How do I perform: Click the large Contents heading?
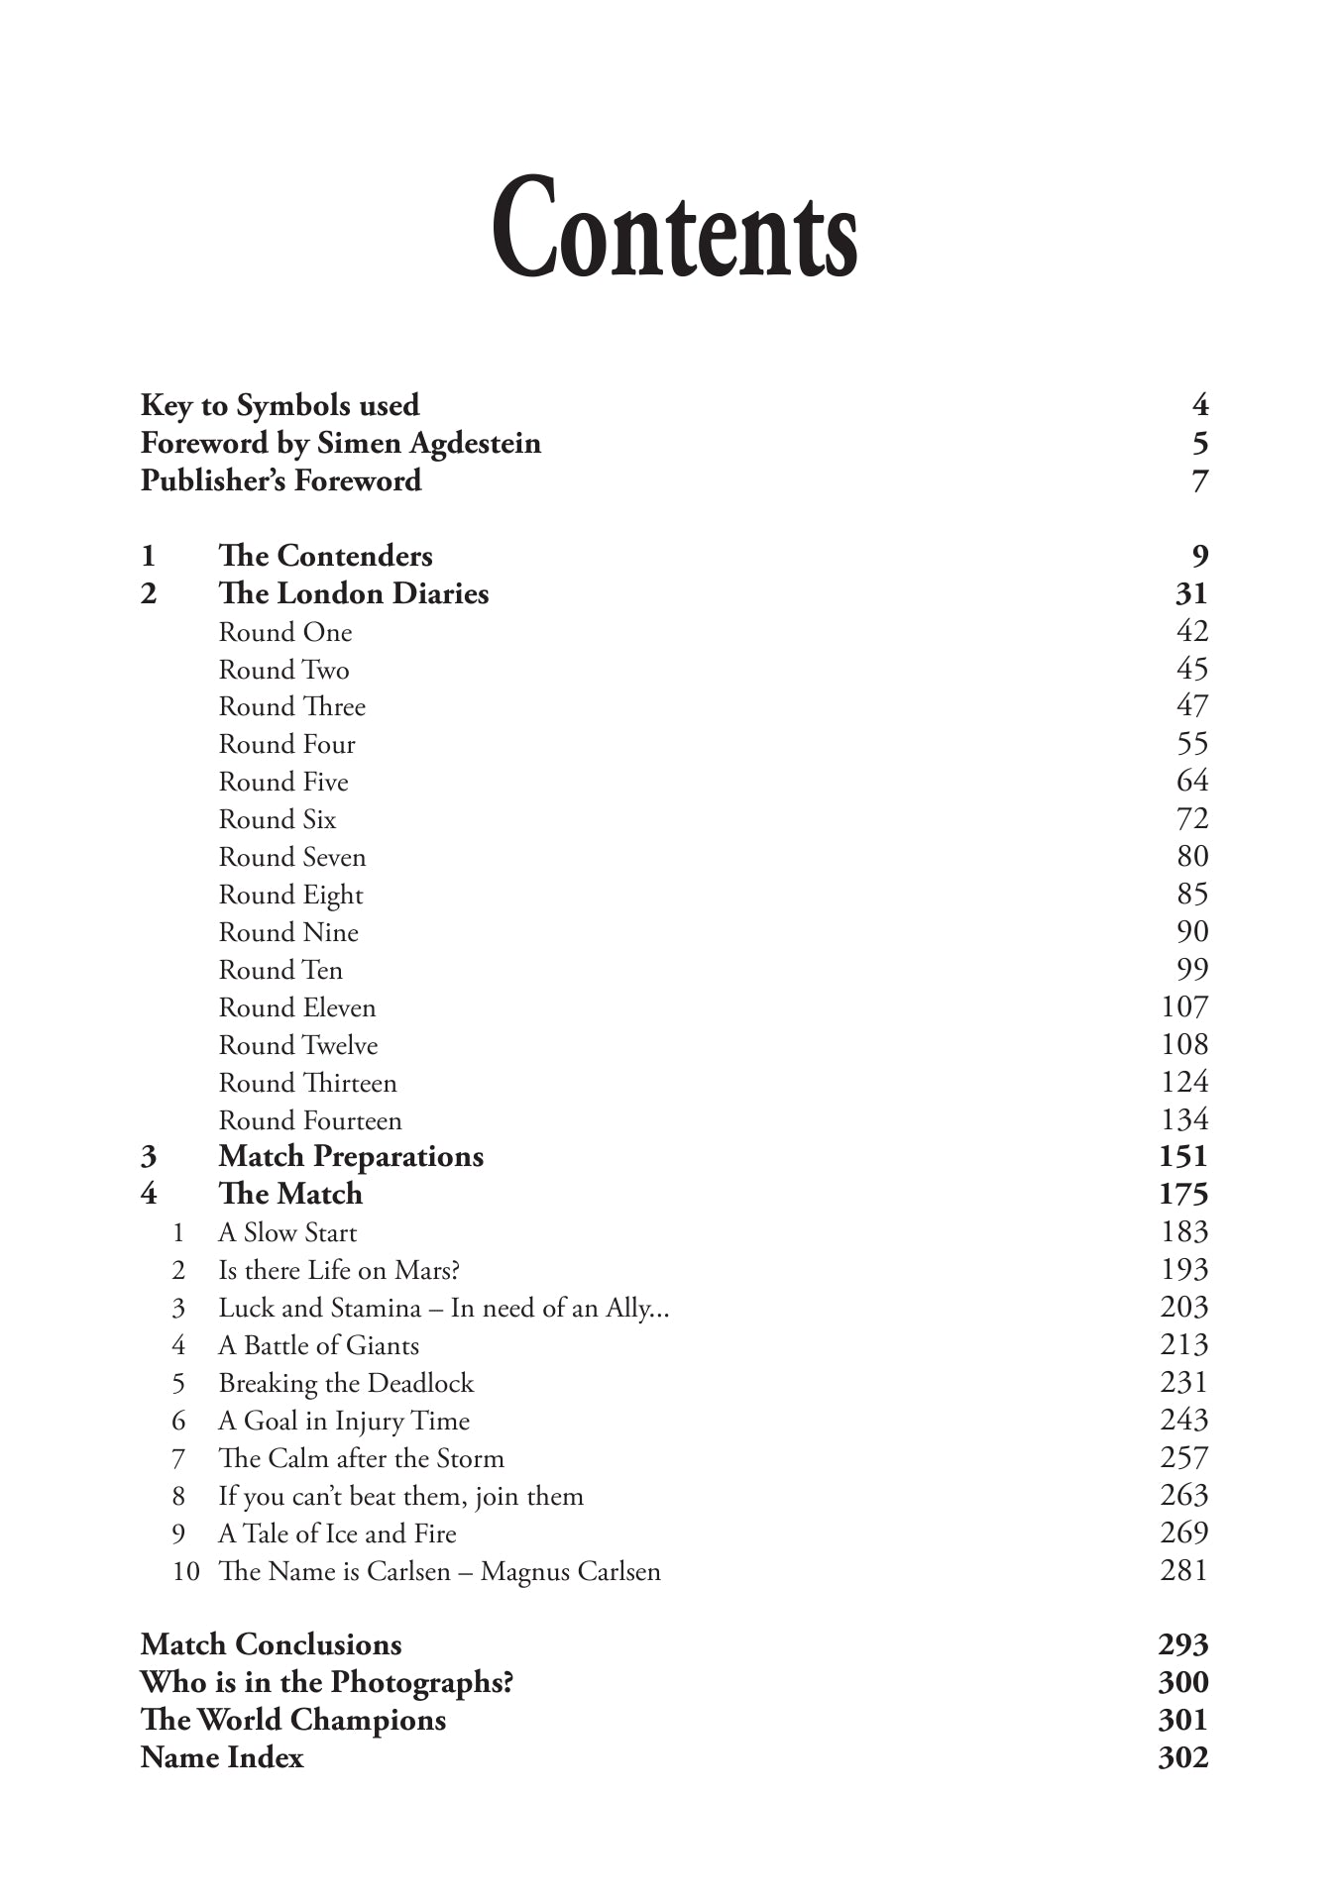pos(674,230)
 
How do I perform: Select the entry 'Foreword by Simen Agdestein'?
pos(340,443)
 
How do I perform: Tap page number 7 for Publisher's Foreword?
pos(1199,481)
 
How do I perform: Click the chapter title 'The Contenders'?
pos(325,556)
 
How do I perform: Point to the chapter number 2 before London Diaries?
pos(149,593)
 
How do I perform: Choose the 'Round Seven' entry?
pos(291,857)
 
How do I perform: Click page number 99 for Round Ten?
pos(1192,970)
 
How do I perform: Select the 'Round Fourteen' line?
pos(309,1120)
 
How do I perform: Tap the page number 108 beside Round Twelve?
pos(1184,1045)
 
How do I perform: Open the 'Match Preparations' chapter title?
pos(350,1156)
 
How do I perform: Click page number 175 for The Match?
pos(1183,1194)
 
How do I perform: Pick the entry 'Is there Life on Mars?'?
pos(338,1270)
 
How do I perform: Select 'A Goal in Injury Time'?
pos(343,1421)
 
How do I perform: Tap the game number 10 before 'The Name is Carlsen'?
pos(185,1571)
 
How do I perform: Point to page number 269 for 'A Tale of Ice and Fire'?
pos(1184,1533)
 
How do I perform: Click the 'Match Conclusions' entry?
pos(271,1644)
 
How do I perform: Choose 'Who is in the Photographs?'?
pos(326,1682)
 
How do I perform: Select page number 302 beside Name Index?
pos(1183,1757)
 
